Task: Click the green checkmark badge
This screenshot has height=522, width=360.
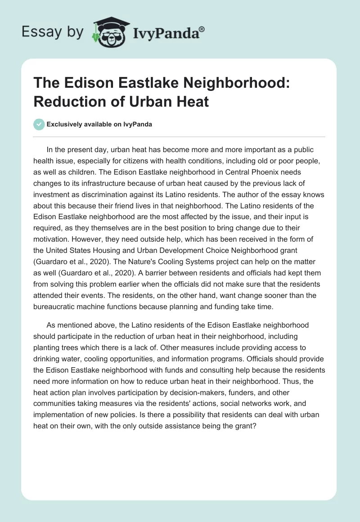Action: tap(39, 124)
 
